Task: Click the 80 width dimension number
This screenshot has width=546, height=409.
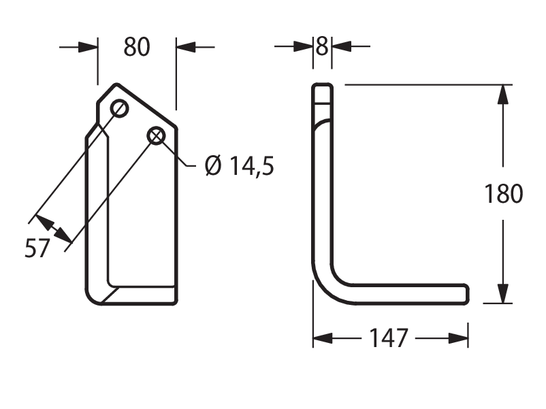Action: [137, 48]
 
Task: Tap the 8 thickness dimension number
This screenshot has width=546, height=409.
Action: [322, 46]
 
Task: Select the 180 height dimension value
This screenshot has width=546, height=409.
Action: [504, 193]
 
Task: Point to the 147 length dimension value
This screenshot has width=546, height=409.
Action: [388, 338]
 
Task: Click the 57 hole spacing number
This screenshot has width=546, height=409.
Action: [37, 248]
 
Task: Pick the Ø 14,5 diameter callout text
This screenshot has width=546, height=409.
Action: [240, 165]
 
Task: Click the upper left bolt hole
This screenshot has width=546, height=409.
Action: [119, 109]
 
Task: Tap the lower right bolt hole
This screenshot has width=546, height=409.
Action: [157, 135]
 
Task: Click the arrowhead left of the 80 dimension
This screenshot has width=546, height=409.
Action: [88, 47]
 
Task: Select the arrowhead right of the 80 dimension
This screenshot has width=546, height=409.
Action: [186, 47]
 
